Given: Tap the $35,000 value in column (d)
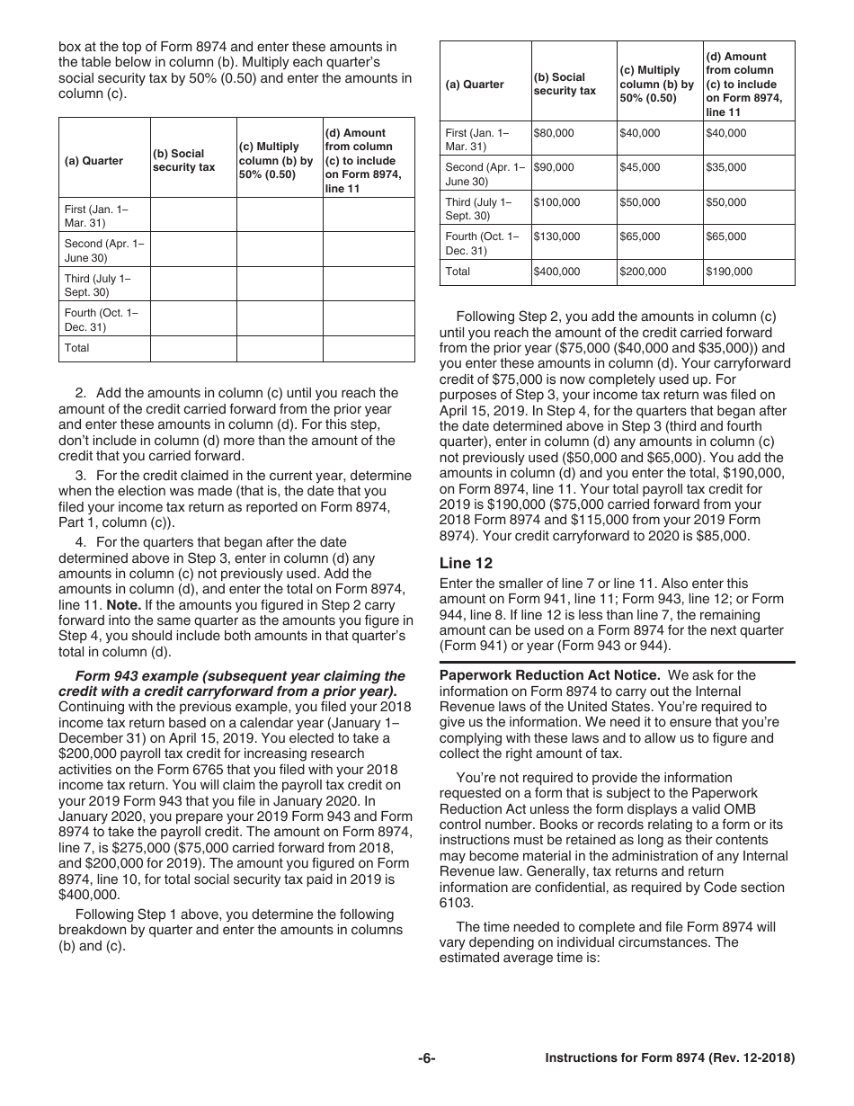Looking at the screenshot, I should click(x=725, y=167).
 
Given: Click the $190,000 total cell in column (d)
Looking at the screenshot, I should click(x=729, y=272).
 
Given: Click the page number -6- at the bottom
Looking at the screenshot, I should click(x=426, y=1059).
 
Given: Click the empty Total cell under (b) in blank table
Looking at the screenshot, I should click(x=193, y=348).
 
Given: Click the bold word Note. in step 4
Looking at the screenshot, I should click(x=124, y=604).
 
